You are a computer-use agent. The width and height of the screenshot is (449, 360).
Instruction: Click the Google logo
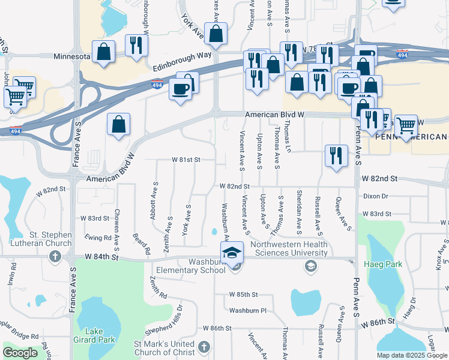point(20,353)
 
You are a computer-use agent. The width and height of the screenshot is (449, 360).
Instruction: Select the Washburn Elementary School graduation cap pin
point(232,254)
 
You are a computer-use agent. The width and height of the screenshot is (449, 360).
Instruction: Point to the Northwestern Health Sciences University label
point(289,248)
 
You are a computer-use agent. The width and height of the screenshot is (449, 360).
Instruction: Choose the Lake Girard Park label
point(100,335)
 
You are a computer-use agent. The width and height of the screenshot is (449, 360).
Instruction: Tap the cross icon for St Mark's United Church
point(204,347)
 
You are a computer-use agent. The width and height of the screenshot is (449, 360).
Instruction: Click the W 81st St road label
point(185,160)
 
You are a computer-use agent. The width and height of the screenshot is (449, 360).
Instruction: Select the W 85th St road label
point(243,295)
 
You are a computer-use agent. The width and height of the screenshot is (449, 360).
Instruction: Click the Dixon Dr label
point(376,196)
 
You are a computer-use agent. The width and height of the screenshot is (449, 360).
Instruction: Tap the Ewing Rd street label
point(99,238)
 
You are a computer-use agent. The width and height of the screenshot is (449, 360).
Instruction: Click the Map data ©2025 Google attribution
point(412,355)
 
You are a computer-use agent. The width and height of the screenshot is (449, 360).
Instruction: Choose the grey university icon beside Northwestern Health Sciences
point(310,266)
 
